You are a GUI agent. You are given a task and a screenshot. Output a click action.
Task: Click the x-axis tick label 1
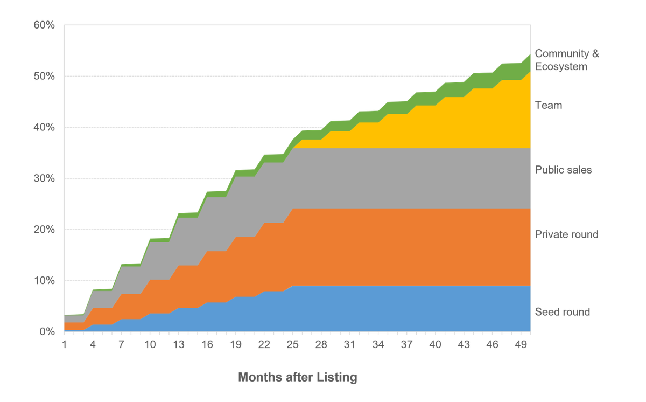65,343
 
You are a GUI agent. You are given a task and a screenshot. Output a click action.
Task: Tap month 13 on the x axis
179,343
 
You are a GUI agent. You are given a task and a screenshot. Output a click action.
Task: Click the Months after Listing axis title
298,377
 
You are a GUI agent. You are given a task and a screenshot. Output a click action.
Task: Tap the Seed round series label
563,312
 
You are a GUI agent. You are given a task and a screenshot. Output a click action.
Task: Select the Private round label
566,235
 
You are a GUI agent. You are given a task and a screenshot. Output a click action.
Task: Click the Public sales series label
563,170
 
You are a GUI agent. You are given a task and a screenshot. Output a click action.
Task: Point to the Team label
548,106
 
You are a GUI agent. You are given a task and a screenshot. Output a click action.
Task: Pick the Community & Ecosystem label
566,60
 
